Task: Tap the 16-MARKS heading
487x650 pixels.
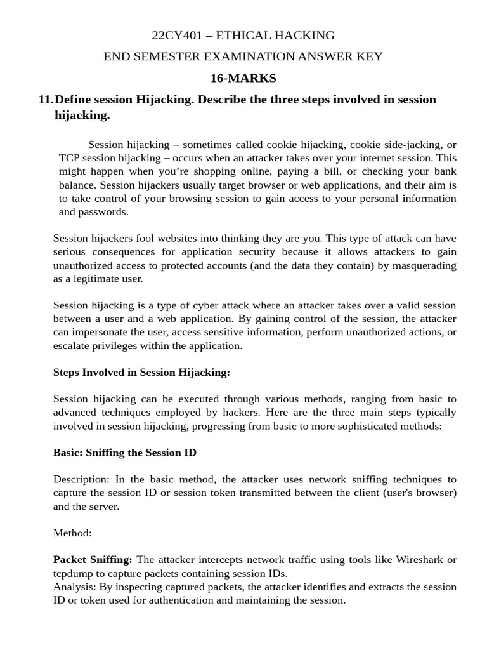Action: pos(243,78)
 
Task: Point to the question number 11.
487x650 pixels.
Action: pos(46,100)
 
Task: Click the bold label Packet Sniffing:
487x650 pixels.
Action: pos(93,559)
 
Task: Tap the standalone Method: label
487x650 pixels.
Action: pos(72,533)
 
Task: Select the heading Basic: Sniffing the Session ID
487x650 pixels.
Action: pos(125,453)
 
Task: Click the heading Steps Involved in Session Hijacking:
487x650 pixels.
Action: pos(141,373)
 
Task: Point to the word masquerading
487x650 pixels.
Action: pos(425,265)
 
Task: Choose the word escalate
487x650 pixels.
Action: pos(73,345)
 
